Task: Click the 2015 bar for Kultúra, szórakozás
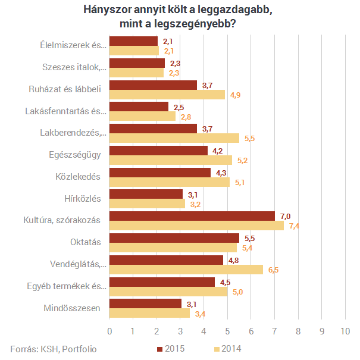click(192, 216)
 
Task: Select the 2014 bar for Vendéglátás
click(186, 270)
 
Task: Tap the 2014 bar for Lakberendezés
click(174, 137)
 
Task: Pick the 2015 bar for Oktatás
click(174, 238)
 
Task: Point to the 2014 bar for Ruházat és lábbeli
click(167, 94)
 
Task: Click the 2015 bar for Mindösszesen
click(146, 303)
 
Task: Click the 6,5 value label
click(273, 270)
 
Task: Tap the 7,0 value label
click(285, 216)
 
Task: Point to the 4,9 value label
click(235, 95)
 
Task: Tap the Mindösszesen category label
click(72, 308)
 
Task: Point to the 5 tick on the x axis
click(227, 331)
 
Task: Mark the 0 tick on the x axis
click(109, 331)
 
